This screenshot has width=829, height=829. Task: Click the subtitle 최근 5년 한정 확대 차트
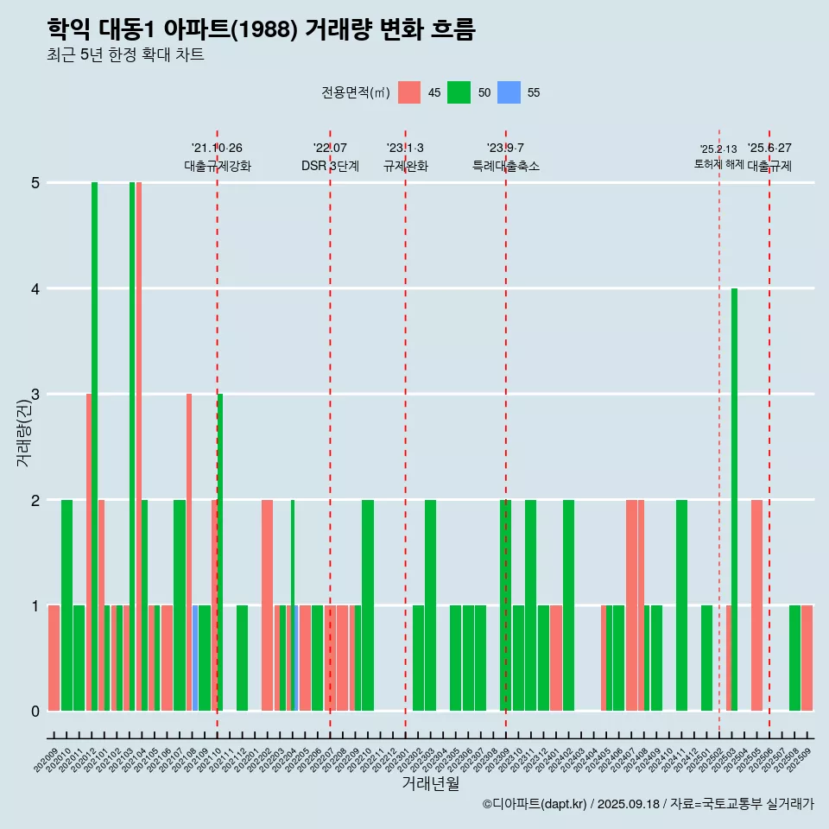[125, 55]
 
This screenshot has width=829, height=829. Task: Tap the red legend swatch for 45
[409, 92]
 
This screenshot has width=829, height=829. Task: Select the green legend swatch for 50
[459, 92]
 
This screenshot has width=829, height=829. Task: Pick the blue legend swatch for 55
[509, 92]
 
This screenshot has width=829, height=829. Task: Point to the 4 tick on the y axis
[35, 288]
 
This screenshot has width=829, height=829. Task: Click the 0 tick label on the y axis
[35, 712]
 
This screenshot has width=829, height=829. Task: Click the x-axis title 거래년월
[430, 784]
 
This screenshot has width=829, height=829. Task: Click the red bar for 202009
[54, 658]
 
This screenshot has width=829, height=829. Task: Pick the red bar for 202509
[807, 658]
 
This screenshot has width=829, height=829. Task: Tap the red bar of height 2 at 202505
[756, 605]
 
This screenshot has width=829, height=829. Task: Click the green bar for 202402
[568, 605]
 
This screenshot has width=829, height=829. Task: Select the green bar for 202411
[681, 605]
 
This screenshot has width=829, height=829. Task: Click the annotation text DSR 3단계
[330, 166]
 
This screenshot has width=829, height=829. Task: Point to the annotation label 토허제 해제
[718, 164]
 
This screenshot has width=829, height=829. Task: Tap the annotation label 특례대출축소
[505, 166]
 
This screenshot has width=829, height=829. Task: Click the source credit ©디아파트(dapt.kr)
[535, 804]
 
